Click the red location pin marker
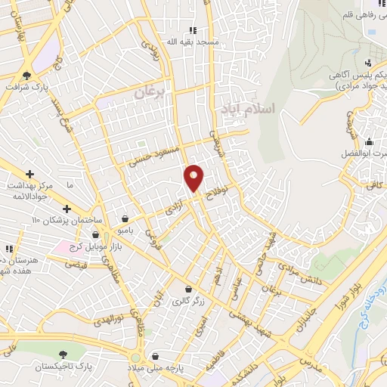click(x=194, y=178)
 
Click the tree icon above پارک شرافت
click(x=28, y=76)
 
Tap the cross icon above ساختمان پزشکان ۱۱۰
click(x=67, y=208)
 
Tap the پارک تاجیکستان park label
click(x=63, y=366)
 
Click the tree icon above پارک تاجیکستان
click(x=63, y=354)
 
